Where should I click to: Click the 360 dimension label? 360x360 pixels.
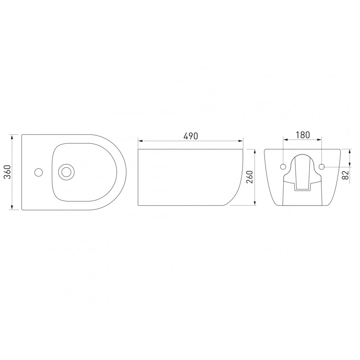(8, 172)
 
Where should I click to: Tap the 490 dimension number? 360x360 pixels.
(190, 136)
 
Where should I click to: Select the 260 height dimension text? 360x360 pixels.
(249, 177)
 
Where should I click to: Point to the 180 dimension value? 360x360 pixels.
(303, 135)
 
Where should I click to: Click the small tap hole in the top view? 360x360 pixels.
(39, 172)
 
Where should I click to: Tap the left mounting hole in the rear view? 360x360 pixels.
(283, 166)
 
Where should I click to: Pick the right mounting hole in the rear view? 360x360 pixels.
(321, 166)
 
